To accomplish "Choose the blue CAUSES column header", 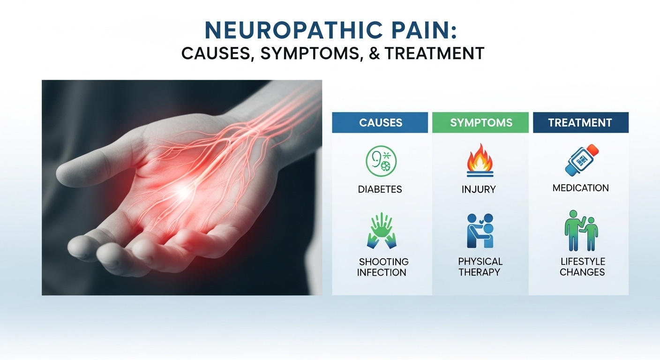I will pos(380,123).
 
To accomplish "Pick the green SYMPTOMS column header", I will pos(480,123).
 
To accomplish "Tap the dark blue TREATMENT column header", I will pos(580,123).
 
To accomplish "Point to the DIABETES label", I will pos(380,190).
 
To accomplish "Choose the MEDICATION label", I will pos(580,188).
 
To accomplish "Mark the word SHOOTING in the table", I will pos(383,262).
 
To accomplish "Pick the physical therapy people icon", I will pos(480,231).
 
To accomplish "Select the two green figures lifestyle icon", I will pos(580,231).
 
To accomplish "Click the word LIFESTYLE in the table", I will pos(582,262).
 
